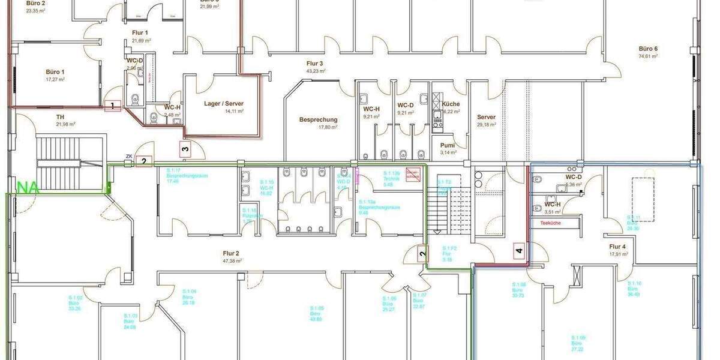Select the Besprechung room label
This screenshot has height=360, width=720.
click(318, 119)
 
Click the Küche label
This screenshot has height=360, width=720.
click(451, 104)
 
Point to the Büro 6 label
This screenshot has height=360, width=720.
click(648, 49)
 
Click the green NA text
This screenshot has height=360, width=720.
click(28, 187)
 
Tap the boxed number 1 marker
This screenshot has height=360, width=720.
click(112, 107)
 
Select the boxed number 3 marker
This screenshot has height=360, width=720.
click(185, 149)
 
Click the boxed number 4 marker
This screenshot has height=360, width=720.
click(519, 251)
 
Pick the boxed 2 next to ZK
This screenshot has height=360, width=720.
click(143, 161)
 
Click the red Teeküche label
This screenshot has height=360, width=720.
click(550, 223)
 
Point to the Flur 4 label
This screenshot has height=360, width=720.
click(618, 247)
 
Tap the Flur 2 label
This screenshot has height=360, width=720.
click(231, 253)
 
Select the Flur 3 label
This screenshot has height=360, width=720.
click(315, 63)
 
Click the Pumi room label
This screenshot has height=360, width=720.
click(448, 145)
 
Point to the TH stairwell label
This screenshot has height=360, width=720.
click(60, 117)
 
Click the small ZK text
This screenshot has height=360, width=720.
click(128, 157)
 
